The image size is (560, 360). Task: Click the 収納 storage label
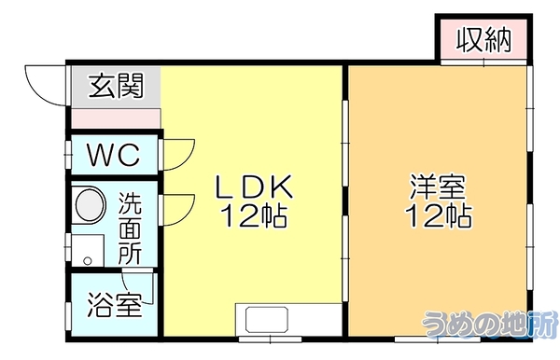[x=483, y=39]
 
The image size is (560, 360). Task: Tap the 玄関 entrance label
[x=116, y=86]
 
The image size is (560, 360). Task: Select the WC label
[x=114, y=155]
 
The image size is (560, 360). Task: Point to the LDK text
[x=254, y=187]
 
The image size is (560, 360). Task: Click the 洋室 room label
[x=438, y=187]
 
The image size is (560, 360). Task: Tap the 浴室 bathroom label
[x=115, y=305]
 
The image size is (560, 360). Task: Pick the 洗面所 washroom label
[x=130, y=228]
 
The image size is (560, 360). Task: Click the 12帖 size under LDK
[x=254, y=215]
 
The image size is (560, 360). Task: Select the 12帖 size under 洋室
[x=438, y=215]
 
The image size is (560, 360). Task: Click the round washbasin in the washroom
[x=91, y=206]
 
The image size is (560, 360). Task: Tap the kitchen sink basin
[x=266, y=319]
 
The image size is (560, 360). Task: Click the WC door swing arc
[x=189, y=159]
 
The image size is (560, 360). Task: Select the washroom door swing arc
[x=189, y=214]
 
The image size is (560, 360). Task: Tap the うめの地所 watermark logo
[x=490, y=325]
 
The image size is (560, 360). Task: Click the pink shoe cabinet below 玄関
[x=116, y=118]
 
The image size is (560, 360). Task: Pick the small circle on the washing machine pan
[x=88, y=261]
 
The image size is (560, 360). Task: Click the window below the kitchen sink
[x=271, y=339]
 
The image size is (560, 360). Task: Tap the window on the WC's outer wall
[x=68, y=154]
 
